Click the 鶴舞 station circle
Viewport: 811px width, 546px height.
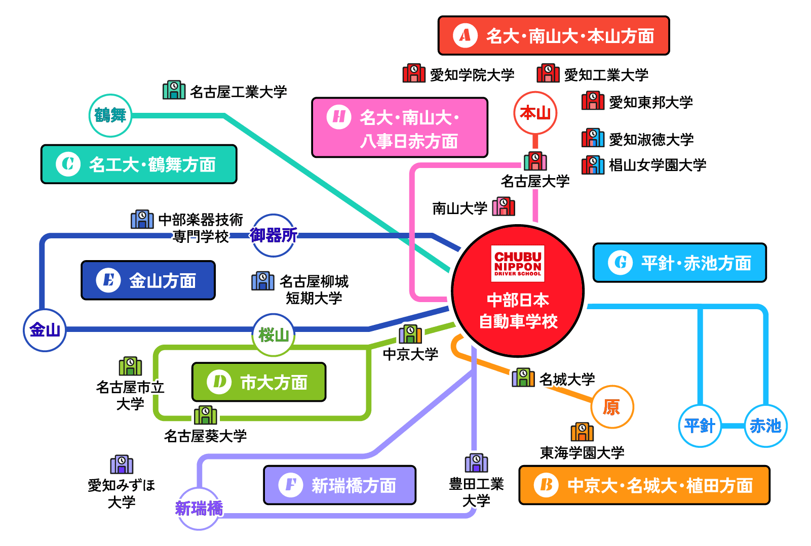coord(110,115)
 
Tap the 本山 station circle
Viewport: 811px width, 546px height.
coord(535,112)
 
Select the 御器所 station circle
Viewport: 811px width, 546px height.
coord(274,235)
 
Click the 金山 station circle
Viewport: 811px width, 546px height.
coord(45,330)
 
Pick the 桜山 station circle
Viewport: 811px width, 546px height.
coord(274,334)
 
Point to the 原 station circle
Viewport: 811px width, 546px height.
coord(612,407)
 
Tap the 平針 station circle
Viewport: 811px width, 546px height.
coord(700,426)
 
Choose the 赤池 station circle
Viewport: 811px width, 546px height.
coord(765,426)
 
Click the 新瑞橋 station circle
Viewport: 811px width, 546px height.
coord(199,508)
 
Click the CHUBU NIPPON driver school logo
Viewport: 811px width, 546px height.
coord(518,263)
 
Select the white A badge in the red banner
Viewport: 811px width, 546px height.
coord(465,35)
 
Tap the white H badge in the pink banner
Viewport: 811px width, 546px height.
coord(338,117)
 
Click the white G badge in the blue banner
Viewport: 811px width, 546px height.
coord(620,263)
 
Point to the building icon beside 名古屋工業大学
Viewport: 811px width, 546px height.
coord(174,90)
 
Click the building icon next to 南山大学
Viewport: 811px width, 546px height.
coord(504,206)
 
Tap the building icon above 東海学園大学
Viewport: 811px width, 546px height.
coord(582,432)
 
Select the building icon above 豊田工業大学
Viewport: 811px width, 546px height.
coord(476,463)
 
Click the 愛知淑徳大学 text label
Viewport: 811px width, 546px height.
coord(651,139)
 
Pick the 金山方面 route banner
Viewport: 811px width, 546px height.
coord(148,280)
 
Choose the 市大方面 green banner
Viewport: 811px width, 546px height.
coord(258,382)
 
